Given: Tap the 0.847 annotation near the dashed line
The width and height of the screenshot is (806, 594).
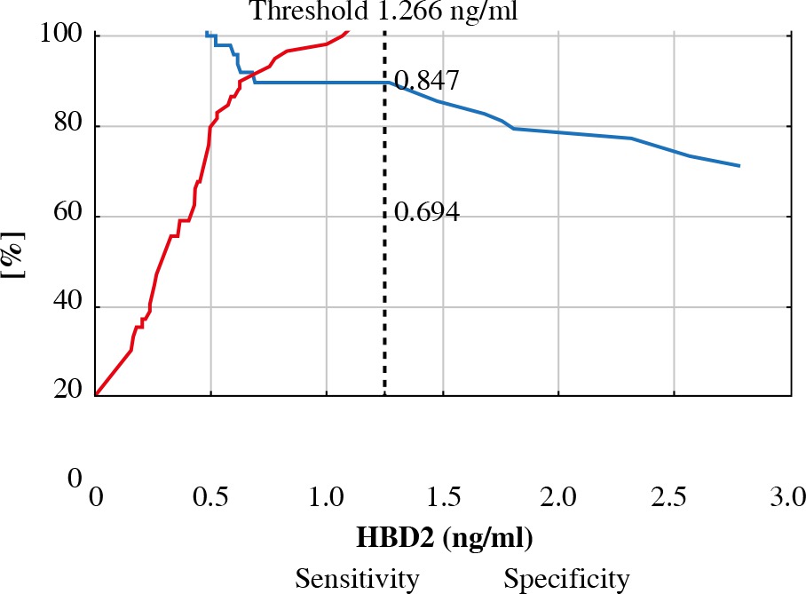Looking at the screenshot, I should point(426,82).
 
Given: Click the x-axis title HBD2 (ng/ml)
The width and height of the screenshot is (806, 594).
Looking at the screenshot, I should point(444,538).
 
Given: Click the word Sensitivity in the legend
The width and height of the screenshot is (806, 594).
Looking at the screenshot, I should point(357,579).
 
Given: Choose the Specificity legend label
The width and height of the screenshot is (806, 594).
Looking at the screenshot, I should point(566,579).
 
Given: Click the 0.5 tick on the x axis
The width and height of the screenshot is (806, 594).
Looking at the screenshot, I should point(210,495).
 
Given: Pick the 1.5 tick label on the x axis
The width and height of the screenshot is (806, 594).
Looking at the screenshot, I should point(442,495).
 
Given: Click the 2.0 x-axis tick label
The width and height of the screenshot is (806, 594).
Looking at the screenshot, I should point(557,495).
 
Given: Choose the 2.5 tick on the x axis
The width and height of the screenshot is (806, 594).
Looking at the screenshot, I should point(673,495).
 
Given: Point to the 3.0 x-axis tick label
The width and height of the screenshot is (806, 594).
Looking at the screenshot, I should point(788,495).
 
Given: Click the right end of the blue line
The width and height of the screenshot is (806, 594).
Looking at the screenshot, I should point(739,166).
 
